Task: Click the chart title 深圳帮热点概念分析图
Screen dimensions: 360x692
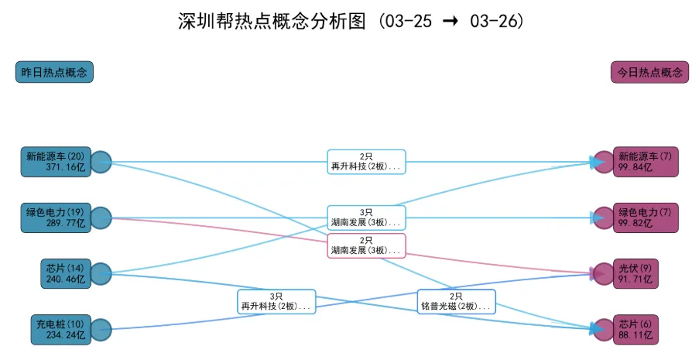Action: tap(351, 21)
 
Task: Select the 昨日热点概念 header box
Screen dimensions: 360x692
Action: tap(54, 72)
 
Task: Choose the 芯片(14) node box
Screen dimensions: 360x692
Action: tap(64, 273)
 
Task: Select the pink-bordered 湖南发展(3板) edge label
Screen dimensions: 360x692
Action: tap(366, 245)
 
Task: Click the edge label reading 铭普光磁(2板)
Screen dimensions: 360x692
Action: tap(456, 301)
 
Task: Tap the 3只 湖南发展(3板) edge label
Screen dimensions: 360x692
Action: tap(366, 218)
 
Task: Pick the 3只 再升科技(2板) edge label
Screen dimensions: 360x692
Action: tap(276, 301)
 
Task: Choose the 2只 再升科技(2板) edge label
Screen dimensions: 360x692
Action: tap(366, 162)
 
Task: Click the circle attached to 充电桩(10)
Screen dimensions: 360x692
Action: tap(101, 329)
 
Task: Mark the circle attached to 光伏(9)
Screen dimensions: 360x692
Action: tap(603, 273)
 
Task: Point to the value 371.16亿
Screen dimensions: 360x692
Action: tap(65, 167)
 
